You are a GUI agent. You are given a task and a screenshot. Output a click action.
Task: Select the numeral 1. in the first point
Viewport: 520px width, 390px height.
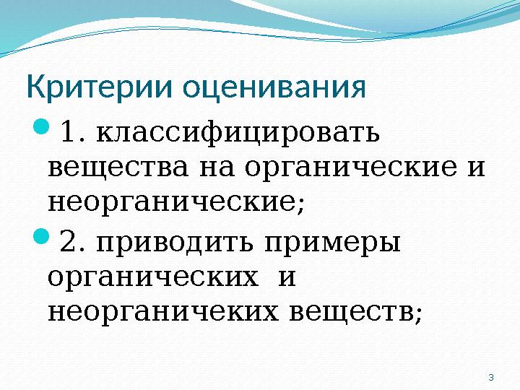click(x=74, y=133)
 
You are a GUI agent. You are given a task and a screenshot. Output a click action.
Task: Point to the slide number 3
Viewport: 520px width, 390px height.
click(x=491, y=377)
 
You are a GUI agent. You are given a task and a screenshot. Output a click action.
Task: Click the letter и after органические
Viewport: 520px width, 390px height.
click(x=475, y=168)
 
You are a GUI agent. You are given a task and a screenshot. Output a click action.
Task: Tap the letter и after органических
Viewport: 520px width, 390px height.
click(x=287, y=277)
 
